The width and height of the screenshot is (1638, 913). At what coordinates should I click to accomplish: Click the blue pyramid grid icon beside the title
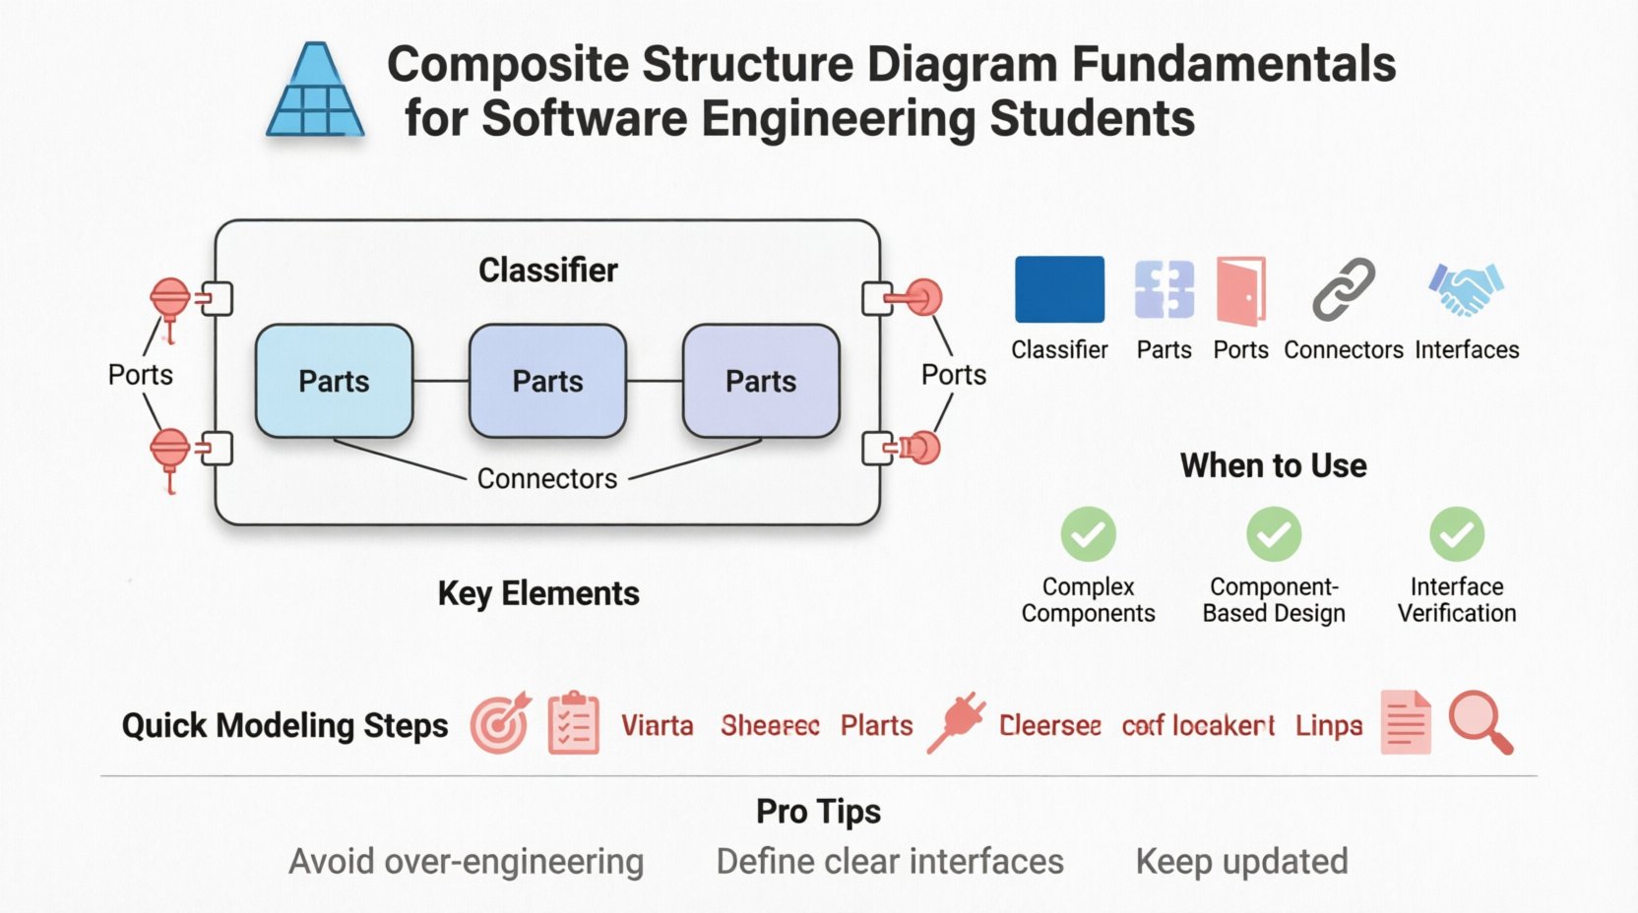coord(315,91)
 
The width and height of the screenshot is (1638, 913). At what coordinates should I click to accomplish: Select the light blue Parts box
coord(334,381)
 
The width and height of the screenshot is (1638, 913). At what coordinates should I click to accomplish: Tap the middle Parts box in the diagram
coord(547,381)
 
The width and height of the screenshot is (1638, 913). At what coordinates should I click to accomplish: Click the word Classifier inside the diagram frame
coord(547,270)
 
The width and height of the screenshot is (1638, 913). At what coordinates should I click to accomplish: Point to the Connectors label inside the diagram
coord(547,478)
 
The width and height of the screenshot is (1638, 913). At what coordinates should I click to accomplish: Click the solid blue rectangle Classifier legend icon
coord(1059,289)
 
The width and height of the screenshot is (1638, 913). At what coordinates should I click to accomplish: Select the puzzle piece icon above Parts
coord(1164,289)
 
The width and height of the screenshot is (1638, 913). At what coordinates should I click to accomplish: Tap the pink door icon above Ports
coord(1240,290)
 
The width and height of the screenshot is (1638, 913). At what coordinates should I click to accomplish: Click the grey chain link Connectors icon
coord(1343,289)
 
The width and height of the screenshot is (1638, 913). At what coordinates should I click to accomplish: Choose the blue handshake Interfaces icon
coord(1466,288)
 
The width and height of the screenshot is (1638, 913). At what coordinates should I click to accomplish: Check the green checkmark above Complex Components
coord(1088,533)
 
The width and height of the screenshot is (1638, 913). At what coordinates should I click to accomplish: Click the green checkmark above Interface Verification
coord(1457,533)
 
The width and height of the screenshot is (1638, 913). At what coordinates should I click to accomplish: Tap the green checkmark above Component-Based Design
coord(1274,533)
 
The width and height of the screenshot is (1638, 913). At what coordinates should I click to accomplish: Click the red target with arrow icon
coord(500,724)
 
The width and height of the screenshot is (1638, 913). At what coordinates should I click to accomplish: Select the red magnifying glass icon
coord(1480,722)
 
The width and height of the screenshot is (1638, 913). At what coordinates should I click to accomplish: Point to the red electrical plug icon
coord(956,723)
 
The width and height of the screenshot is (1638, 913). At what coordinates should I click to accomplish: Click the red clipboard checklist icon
coord(573,723)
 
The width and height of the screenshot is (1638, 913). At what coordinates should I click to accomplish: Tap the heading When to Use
coord(1273,465)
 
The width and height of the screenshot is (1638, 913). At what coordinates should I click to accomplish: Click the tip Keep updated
coord(1241,861)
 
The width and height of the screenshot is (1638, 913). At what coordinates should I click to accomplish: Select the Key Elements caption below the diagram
coord(537,593)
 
